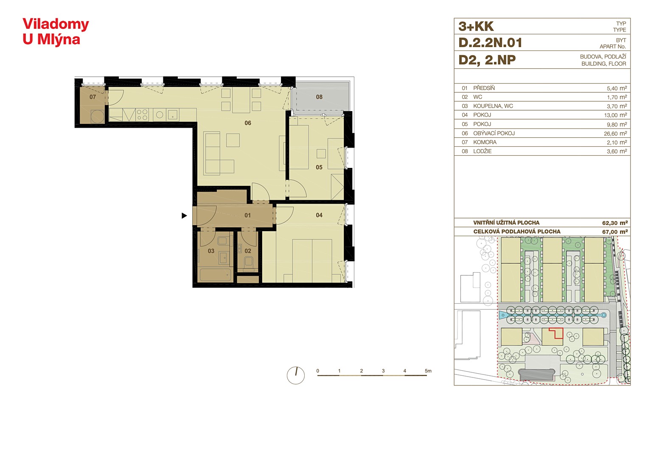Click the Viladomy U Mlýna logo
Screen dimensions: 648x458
point(56,32)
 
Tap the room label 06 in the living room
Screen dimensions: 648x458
point(248,123)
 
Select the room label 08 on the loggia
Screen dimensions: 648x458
point(319,97)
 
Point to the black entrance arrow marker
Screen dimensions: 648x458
point(184,215)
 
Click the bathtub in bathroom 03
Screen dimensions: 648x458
point(216,275)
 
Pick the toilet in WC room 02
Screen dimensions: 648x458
point(248,262)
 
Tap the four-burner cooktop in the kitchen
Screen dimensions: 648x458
point(142,114)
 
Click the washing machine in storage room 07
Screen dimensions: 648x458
point(98,117)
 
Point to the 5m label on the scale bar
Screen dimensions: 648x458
point(428,371)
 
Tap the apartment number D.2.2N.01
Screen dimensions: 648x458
point(490,43)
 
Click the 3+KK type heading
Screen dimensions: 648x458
point(476,26)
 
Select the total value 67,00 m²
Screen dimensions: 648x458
point(615,232)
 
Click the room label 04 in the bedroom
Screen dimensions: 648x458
point(319,215)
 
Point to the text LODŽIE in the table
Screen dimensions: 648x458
point(482,151)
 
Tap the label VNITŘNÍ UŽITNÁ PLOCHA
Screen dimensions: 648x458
point(506,223)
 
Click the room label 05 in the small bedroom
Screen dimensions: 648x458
point(319,167)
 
